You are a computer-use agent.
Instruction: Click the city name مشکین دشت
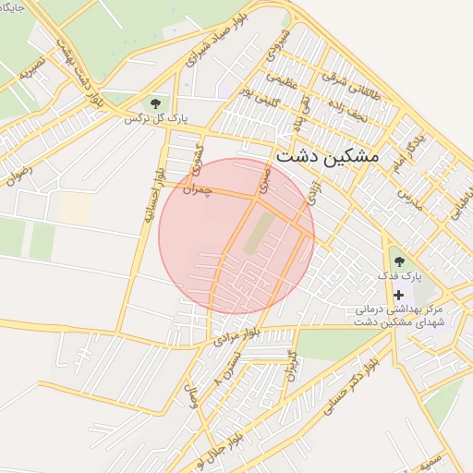tap(327, 156)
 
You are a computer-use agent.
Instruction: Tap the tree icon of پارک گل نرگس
tap(155, 103)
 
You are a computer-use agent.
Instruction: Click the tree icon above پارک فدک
tap(399, 261)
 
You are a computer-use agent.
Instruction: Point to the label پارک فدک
tap(399, 276)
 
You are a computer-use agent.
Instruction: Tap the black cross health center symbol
tap(399, 295)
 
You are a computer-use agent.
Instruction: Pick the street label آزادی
tap(312, 194)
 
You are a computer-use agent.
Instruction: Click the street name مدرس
tap(409, 199)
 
